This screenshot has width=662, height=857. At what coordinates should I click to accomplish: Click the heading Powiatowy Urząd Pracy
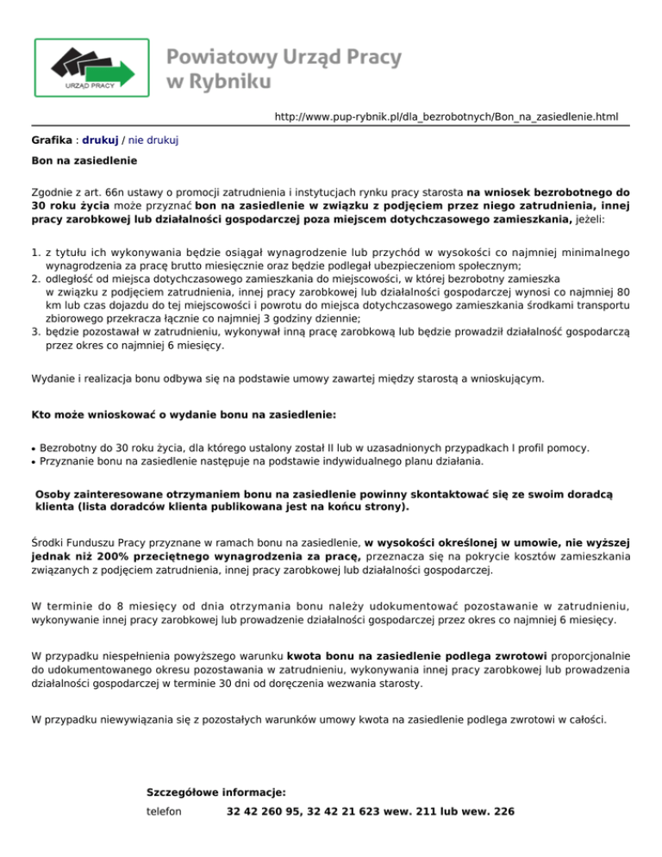pyautogui.click(x=284, y=58)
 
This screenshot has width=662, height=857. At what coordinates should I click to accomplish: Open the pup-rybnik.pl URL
pyautogui.click(x=447, y=116)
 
